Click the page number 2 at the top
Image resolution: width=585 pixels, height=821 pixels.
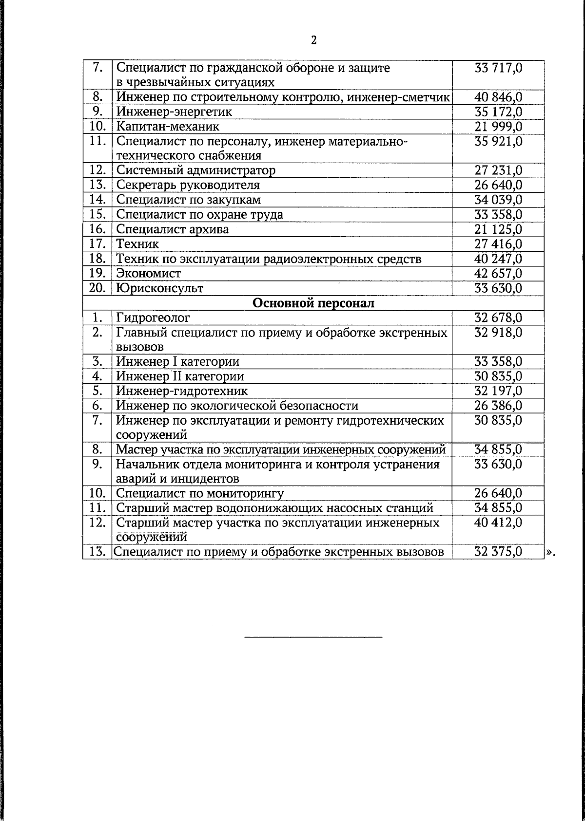click(x=313, y=40)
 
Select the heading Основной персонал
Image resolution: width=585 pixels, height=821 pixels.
click(x=313, y=303)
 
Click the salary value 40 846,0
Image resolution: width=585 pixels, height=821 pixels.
click(x=498, y=97)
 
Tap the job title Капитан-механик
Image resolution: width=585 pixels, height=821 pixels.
click(x=168, y=127)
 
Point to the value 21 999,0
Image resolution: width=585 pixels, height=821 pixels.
click(x=498, y=127)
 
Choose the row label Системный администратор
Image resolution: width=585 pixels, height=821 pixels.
click(x=195, y=170)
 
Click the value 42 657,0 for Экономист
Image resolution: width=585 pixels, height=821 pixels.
click(x=498, y=273)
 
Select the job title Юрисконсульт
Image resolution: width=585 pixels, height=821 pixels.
click(x=159, y=288)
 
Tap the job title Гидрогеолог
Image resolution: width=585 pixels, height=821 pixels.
click(x=153, y=318)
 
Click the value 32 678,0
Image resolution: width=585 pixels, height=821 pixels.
click(x=498, y=318)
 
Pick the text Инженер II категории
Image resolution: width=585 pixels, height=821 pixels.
click(x=180, y=376)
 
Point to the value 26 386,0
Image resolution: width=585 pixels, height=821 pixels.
click(x=498, y=406)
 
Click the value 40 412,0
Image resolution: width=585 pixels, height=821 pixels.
click(x=498, y=522)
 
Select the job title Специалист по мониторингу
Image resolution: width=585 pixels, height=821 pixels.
click(x=200, y=493)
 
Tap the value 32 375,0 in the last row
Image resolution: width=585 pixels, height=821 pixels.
click(x=498, y=552)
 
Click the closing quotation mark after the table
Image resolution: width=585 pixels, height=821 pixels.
click(x=550, y=553)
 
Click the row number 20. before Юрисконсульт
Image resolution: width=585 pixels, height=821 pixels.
click(x=97, y=288)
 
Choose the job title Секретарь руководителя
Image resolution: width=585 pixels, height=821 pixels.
click(x=188, y=185)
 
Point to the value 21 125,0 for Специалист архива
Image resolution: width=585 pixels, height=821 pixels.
click(x=498, y=229)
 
